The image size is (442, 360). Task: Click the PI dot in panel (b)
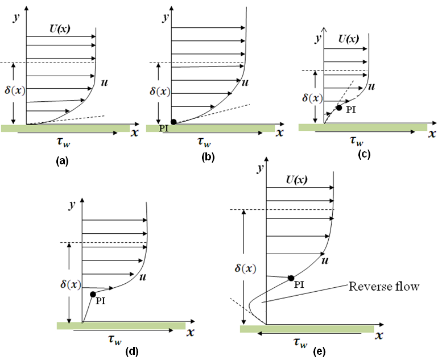tap(174, 122)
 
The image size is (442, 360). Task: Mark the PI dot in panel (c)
tap(339, 107)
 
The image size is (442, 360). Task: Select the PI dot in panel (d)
tap(93, 295)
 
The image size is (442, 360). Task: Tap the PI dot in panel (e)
tap(291, 278)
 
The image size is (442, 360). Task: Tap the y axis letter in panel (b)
tap(165, 17)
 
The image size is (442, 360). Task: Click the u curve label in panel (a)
tap(105, 84)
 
